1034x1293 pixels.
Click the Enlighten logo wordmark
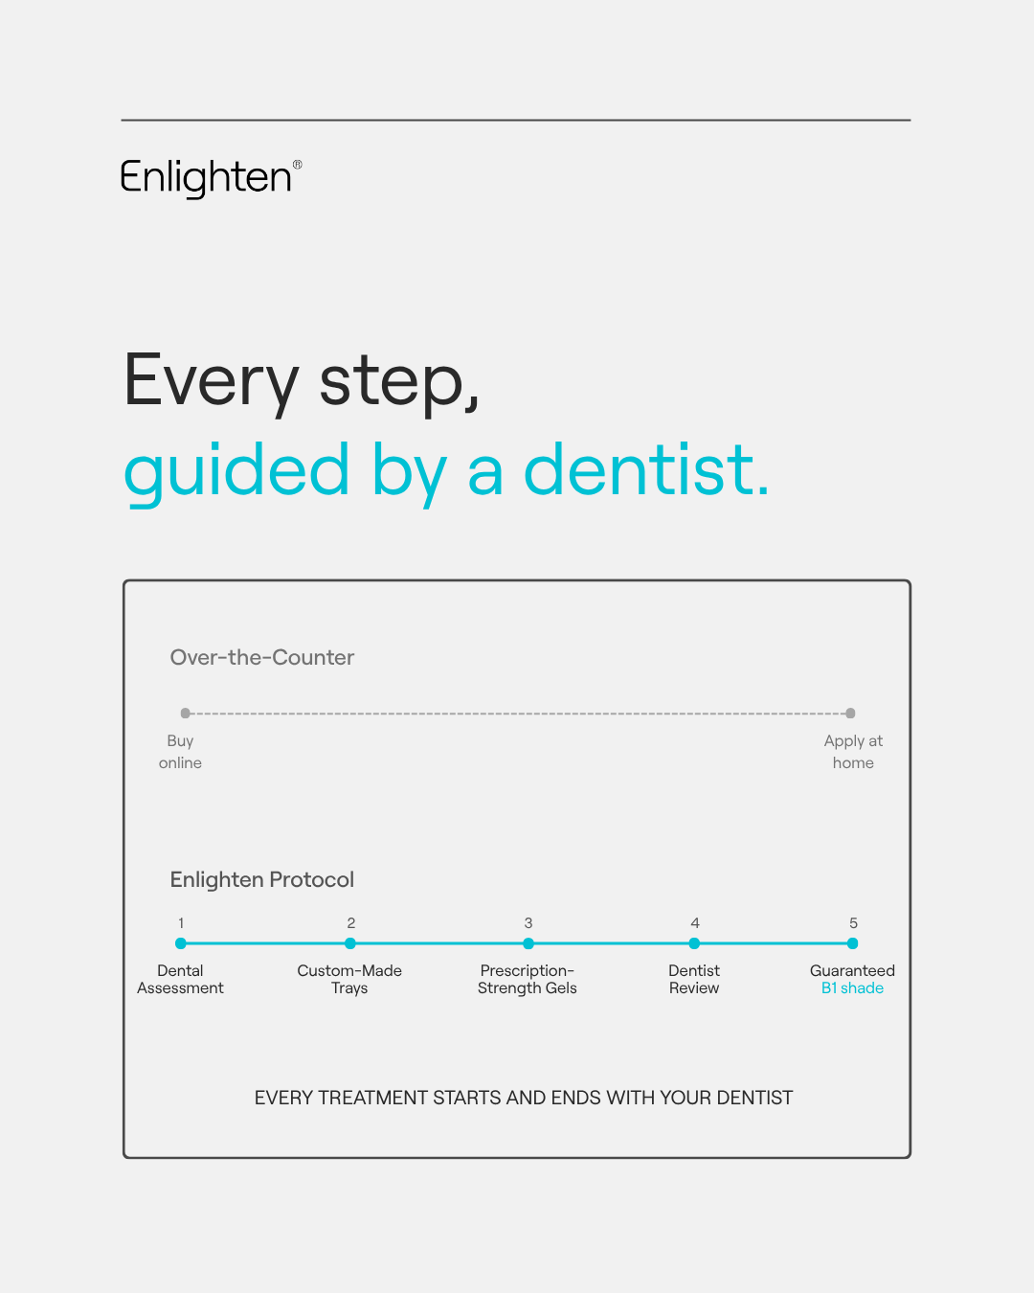pos(206,178)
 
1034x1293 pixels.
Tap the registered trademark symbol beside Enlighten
pos(298,165)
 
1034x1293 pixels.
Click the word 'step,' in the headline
pos(399,383)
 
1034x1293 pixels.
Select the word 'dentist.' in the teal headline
pos(646,470)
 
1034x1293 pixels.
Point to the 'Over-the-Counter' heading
pos(262,657)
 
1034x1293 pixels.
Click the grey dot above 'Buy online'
pos(185,714)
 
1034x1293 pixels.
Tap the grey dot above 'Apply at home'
pos(850,714)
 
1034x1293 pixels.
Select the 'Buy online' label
pos(180,752)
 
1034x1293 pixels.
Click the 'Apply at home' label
pos(853,752)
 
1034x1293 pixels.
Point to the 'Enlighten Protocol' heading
pos(262,879)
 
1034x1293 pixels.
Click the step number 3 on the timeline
pos(528,923)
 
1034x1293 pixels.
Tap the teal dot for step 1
pos(181,943)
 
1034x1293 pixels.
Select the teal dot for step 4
pos(694,943)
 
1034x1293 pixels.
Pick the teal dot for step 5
pos(852,943)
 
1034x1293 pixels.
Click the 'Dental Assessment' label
pos(180,980)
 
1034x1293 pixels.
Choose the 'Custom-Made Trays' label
pos(349,980)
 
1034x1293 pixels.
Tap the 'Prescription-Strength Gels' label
pos(528,980)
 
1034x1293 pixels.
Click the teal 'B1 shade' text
pos(852,987)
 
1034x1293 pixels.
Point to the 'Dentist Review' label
pos(694,980)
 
